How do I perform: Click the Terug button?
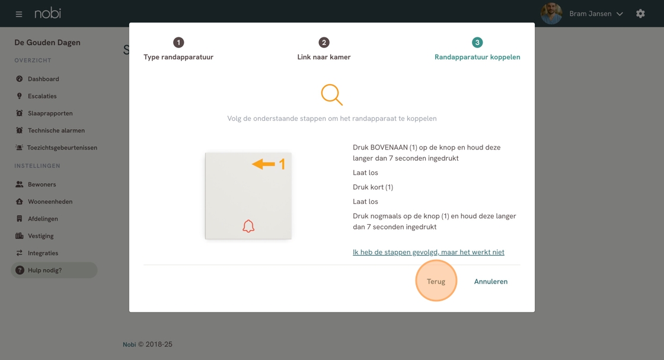pyautogui.click(x=436, y=281)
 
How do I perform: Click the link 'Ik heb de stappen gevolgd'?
pyautogui.click(x=429, y=252)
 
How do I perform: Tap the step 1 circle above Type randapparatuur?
pyautogui.click(x=178, y=42)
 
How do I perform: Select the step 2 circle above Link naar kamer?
pyautogui.click(x=324, y=42)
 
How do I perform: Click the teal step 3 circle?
pyautogui.click(x=477, y=42)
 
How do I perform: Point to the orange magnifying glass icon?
pyautogui.click(x=331, y=94)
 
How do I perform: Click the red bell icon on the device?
pyautogui.click(x=248, y=226)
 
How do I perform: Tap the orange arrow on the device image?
pyautogui.click(x=263, y=164)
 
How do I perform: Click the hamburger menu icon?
pyautogui.click(x=18, y=14)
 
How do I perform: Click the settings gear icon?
pyautogui.click(x=640, y=14)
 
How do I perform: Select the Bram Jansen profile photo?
pyautogui.click(x=551, y=14)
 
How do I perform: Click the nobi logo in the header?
pyautogui.click(x=47, y=13)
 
